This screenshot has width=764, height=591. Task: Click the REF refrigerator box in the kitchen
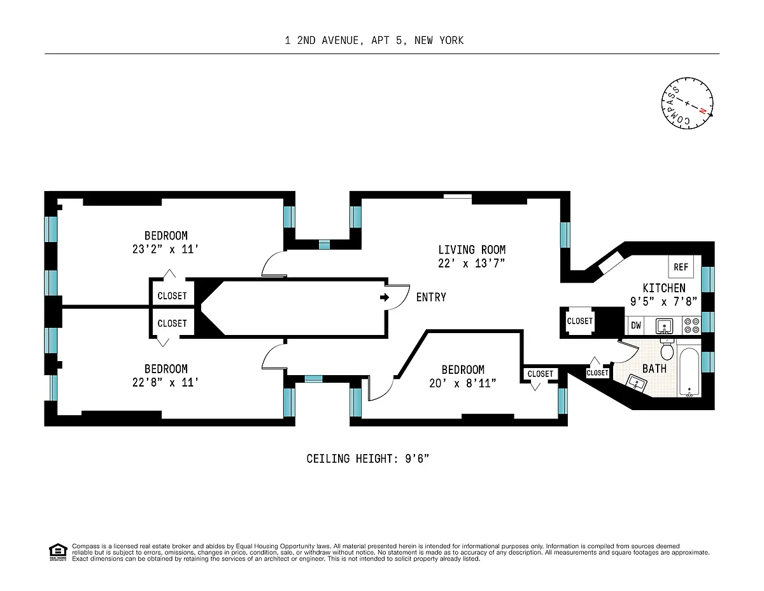681,266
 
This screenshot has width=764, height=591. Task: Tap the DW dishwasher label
636,325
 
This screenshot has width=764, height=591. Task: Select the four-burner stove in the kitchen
691,325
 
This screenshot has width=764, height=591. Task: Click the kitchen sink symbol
664,325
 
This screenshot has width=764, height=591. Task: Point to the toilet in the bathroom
667,350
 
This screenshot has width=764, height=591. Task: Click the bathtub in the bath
689,372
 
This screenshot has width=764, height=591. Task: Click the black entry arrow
385,297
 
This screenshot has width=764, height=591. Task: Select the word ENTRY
431,297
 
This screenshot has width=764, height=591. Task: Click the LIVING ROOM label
472,250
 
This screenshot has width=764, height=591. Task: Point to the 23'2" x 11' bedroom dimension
166,249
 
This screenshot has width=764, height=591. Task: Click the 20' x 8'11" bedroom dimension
463,383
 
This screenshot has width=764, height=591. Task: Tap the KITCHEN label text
664,288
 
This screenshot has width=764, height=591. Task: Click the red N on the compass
702,111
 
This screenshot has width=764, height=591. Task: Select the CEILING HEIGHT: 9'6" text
368,459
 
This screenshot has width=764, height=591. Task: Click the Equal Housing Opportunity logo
58,552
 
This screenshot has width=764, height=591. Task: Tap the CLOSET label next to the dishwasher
580,321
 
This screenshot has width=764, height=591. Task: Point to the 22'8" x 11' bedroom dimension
166,383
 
